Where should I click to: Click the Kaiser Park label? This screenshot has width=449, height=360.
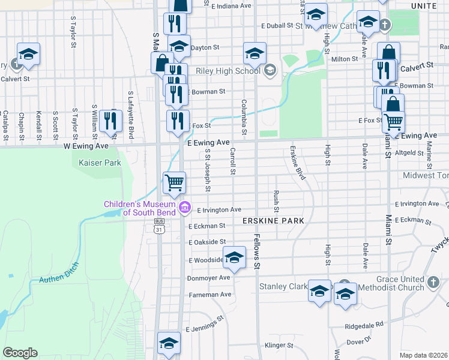97,162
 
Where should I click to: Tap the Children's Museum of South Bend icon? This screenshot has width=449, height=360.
185,208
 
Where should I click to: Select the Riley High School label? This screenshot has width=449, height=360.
228,71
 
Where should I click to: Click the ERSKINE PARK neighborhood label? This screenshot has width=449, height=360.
273,221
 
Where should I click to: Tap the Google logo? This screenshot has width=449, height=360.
20,353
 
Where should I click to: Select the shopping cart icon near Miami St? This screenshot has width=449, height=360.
393,121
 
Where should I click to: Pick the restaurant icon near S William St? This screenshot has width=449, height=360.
111,121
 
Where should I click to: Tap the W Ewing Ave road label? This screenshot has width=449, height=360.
86,146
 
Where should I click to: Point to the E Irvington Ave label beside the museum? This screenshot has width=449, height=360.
218,210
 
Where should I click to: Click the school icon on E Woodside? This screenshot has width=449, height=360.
234,258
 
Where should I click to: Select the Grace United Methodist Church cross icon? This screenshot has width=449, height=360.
434,281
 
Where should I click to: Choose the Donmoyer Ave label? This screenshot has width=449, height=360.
209,278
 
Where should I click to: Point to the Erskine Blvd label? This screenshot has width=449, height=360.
298,162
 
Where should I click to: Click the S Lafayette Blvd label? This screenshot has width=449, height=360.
130,113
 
